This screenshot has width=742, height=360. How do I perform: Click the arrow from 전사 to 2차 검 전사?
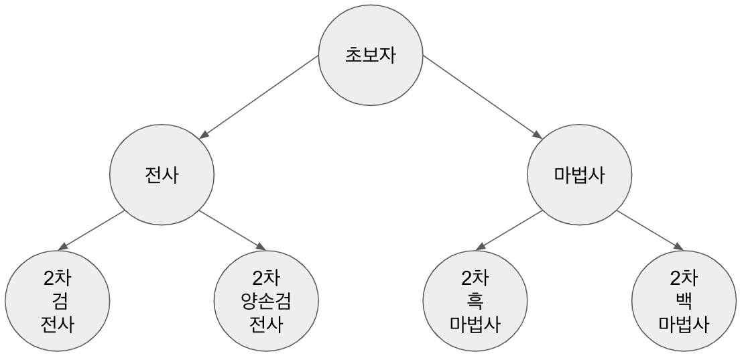click(94, 229)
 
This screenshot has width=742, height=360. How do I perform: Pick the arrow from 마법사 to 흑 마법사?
click(512, 229)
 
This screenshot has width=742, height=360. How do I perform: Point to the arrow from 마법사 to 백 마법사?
click(647, 229)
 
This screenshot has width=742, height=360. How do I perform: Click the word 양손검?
click(266, 302)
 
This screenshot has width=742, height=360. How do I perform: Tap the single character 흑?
click(475, 302)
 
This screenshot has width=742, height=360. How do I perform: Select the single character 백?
click(684, 302)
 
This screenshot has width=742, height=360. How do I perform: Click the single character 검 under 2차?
click(57, 302)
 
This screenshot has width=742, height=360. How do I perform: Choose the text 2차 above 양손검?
click(266, 278)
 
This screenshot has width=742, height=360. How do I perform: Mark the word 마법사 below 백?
click(684, 325)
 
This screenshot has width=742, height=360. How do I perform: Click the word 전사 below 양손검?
click(266, 325)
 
